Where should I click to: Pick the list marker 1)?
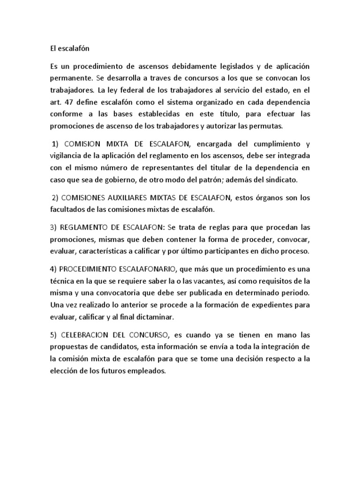tap(56, 144)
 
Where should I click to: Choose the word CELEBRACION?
tap(91, 336)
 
